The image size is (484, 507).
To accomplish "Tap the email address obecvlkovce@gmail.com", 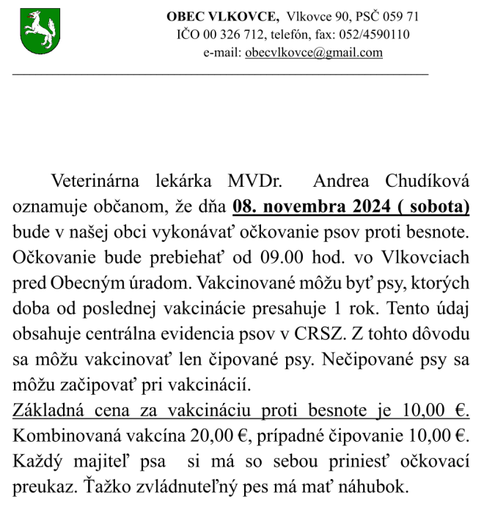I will (314, 53).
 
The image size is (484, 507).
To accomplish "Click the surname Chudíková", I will (425, 181).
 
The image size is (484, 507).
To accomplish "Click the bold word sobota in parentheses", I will (439, 207).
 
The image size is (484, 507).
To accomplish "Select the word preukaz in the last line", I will (40, 485).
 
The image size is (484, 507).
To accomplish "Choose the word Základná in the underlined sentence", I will (46, 410).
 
